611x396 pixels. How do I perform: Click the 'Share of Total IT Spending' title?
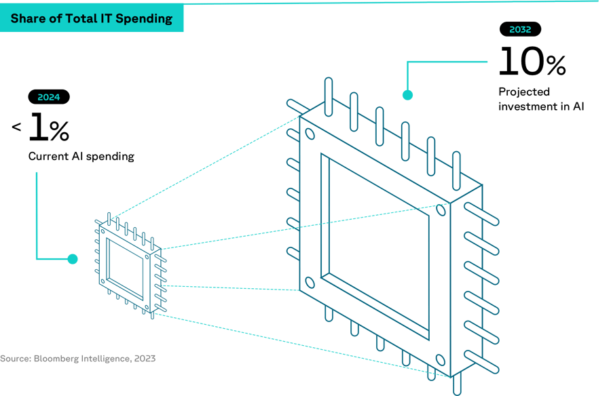point(91,18)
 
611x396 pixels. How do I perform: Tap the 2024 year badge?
point(48,97)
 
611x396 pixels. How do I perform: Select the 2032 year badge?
point(520,30)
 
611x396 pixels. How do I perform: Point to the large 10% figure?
point(532,62)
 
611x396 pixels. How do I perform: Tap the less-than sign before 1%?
point(16,127)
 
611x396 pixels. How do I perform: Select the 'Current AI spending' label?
point(81,157)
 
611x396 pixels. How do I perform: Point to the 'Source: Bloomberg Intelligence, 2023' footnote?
point(77,358)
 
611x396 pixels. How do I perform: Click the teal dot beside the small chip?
point(73,259)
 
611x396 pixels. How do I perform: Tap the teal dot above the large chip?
point(407,96)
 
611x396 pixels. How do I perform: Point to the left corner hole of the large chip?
point(310,283)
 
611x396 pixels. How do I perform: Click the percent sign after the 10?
point(555,65)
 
